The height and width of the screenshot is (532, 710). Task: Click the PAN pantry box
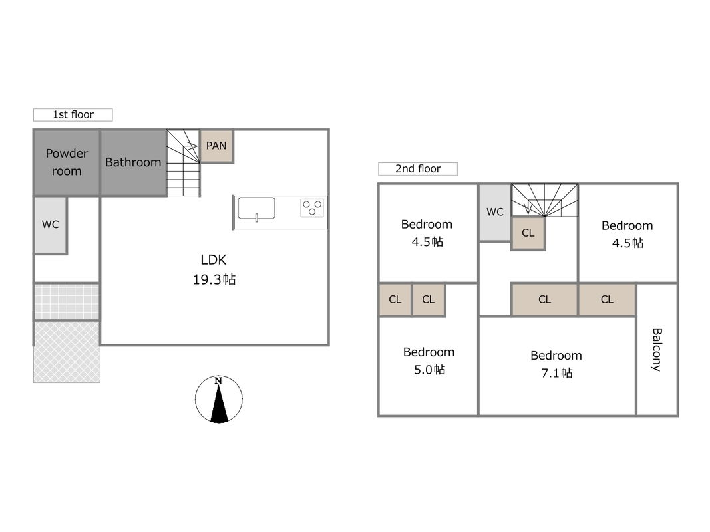pos(216,146)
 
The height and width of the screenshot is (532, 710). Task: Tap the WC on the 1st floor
pos(51,225)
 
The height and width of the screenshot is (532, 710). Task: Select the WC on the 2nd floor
pos(495,212)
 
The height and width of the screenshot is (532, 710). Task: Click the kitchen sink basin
pos(256,208)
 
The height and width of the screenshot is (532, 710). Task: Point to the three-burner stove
pos(312,208)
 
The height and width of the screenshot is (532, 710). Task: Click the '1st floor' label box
pos(73,115)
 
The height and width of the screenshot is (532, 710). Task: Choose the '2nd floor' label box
pos(418,169)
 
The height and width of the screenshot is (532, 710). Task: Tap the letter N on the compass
pos(218,381)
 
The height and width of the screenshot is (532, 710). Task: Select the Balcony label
pos(657,350)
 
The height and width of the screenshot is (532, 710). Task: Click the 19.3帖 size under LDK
pos(214,279)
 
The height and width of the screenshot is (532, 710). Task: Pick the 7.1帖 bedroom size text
pos(557,373)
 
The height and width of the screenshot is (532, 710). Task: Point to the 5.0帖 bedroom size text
pos(430,370)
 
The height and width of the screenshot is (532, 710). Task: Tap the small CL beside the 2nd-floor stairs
pos(528,233)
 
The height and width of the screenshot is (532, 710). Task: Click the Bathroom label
pos(133,162)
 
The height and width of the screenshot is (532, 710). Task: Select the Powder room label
pos(67,162)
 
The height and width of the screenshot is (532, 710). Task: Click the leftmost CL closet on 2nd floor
pos(395,299)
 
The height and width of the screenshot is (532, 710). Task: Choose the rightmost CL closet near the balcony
pos(608,299)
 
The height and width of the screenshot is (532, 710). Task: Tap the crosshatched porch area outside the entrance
pos(67,352)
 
